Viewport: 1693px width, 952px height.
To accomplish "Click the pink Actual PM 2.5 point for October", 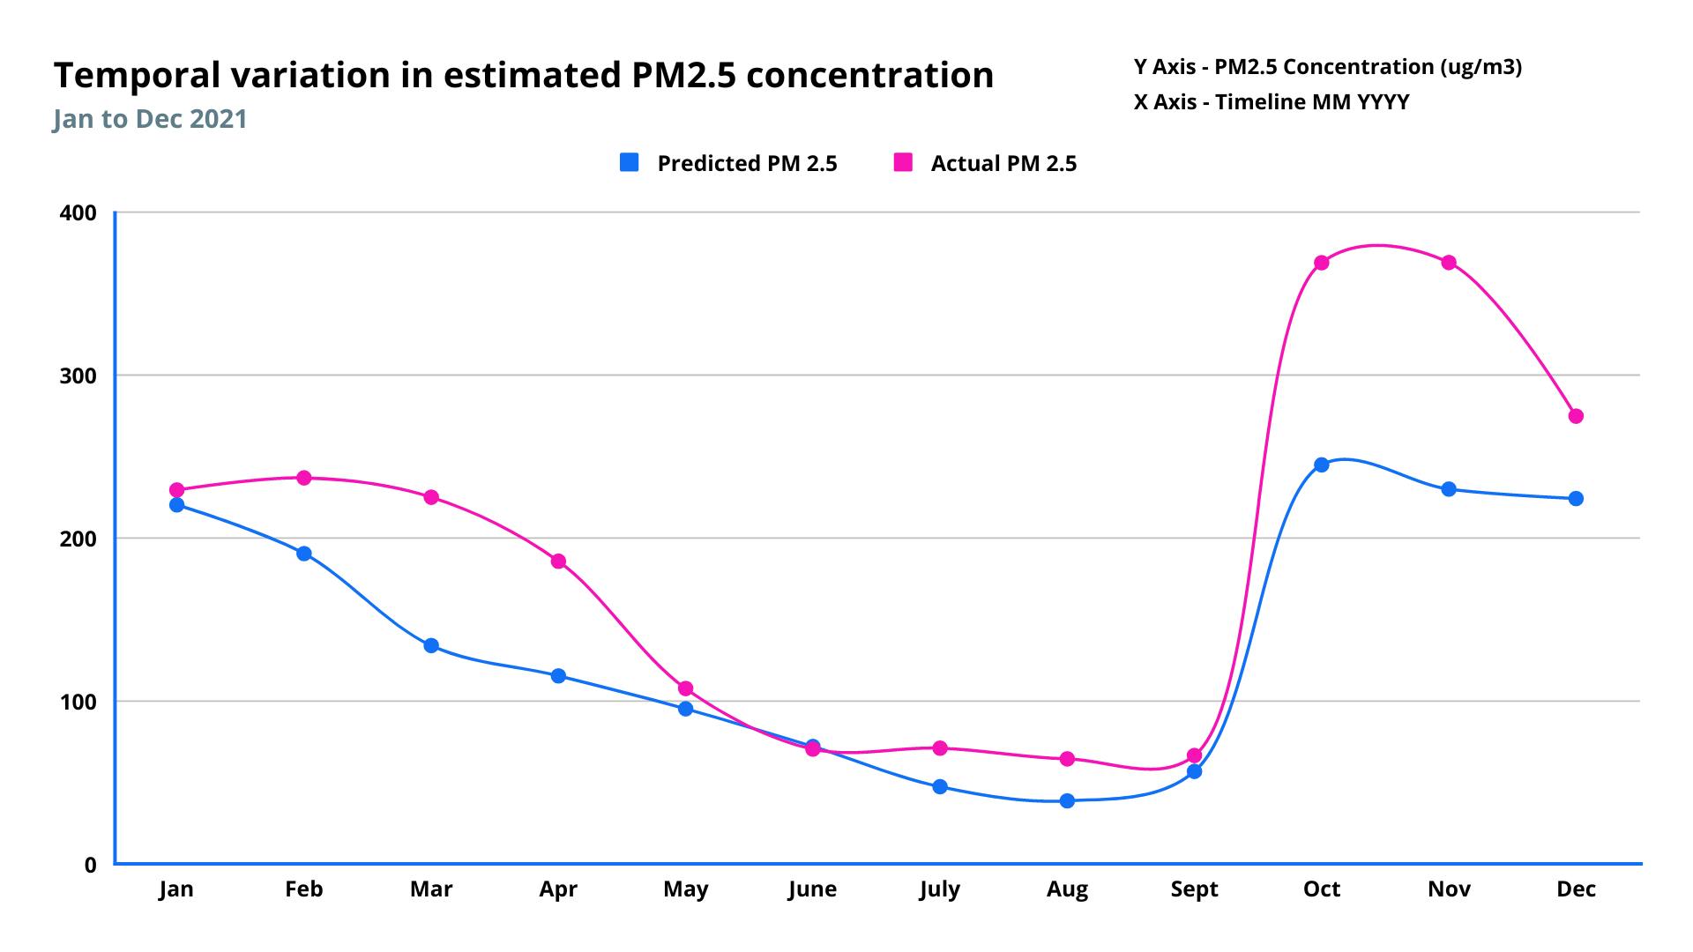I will tap(1321, 263).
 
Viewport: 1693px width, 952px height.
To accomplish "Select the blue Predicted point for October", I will tap(1321, 465).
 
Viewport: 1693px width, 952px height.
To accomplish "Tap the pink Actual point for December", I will tap(1576, 416).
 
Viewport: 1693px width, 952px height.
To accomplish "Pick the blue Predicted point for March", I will tap(431, 645).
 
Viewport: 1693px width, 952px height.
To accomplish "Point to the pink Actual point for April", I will tap(558, 562).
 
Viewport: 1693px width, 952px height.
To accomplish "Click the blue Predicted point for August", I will tap(1067, 800).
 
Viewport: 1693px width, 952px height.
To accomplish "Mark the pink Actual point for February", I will tap(304, 478).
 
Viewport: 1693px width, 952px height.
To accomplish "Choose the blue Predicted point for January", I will tap(176, 505).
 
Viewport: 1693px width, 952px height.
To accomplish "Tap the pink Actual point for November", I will tap(1449, 263).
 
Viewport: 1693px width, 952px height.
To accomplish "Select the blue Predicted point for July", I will tap(940, 786).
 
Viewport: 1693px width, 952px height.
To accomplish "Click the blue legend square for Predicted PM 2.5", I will tap(629, 162).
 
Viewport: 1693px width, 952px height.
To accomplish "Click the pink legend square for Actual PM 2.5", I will tap(903, 162).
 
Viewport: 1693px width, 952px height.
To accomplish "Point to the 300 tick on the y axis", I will tap(78, 376).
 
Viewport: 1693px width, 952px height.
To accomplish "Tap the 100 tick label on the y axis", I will tap(78, 703).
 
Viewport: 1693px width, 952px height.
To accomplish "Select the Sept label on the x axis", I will tap(1194, 889).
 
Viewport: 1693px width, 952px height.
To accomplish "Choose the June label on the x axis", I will tap(812, 889).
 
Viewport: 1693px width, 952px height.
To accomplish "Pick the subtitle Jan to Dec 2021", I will tap(150, 119).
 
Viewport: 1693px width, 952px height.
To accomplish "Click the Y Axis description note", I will tap(1327, 67).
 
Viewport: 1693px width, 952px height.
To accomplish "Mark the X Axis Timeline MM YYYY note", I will tap(1271, 102).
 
